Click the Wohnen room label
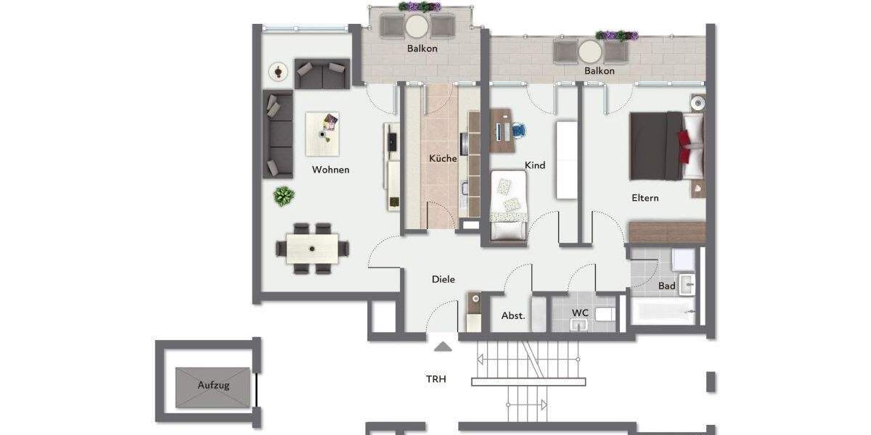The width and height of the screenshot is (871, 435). (x=330, y=170)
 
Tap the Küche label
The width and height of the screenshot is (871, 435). (x=442, y=158)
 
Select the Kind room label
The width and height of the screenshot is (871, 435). (x=535, y=165)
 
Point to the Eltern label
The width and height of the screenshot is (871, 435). (x=645, y=197)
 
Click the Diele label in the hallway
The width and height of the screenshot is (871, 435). (x=443, y=279)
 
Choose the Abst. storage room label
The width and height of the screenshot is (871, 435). (x=513, y=316)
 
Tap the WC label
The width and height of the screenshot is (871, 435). (x=580, y=312)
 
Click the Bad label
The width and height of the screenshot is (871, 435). (x=666, y=286)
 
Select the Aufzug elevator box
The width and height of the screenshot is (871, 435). (x=213, y=386)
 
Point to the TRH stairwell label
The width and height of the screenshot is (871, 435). (x=436, y=378)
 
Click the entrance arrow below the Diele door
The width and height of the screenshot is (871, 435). (x=443, y=347)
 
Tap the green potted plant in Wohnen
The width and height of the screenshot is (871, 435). (x=284, y=196)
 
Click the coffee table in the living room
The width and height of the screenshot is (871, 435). (x=322, y=133)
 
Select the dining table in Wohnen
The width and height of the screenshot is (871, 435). (x=312, y=249)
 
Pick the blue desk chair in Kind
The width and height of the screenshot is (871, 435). (x=518, y=130)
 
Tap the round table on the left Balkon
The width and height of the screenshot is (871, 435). (x=417, y=26)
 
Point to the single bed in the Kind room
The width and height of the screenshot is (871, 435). (x=508, y=205)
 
